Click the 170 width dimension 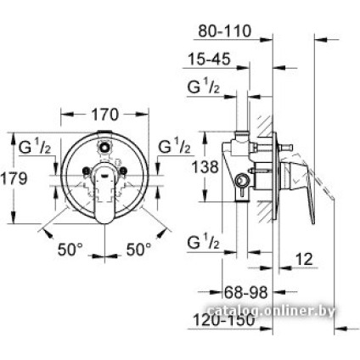click(104, 113)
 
